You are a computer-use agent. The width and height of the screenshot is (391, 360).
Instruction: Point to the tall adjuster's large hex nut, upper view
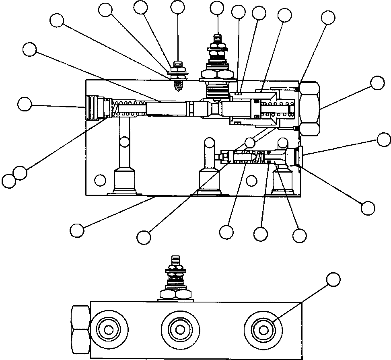(x=217, y=74)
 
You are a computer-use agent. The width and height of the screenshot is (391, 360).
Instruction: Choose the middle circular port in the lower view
(x=180, y=329)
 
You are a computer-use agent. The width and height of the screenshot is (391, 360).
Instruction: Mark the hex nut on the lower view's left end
(x=80, y=329)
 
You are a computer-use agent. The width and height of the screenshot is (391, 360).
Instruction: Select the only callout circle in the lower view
(x=333, y=279)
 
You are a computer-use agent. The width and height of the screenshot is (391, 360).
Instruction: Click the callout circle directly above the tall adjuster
(x=217, y=8)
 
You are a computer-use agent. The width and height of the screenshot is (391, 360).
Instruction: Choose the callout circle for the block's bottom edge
(x=77, y=230)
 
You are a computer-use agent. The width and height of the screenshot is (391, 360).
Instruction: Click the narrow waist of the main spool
(x=213, y=109)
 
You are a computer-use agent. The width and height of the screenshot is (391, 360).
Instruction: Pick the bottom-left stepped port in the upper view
(x=124, y=181)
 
